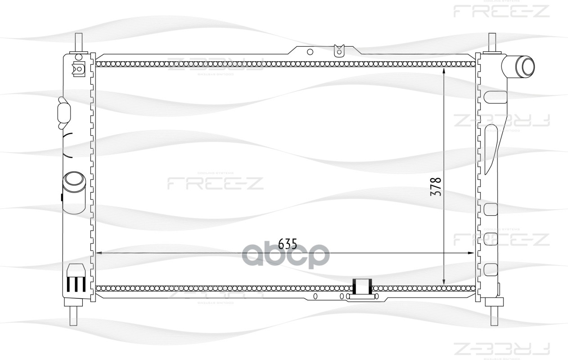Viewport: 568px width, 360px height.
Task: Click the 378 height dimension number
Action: pyautogui.click(x=436, y=187)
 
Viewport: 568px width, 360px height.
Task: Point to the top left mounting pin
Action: pyautogui.click(x=78, y=43)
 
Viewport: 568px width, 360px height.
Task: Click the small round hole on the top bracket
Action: pyautogui.click(x=310, y=52)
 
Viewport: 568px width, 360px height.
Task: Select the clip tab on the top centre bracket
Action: pyautogui.click(x=338, y=50)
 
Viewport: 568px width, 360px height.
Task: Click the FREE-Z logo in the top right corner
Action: pyautogui.click(x=501, y=11)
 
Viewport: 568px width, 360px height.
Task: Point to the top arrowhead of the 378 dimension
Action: pyautogui.click(x=444, y=71)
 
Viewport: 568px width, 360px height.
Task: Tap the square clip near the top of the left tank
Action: pyautogui.click(x=78, y=69)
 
